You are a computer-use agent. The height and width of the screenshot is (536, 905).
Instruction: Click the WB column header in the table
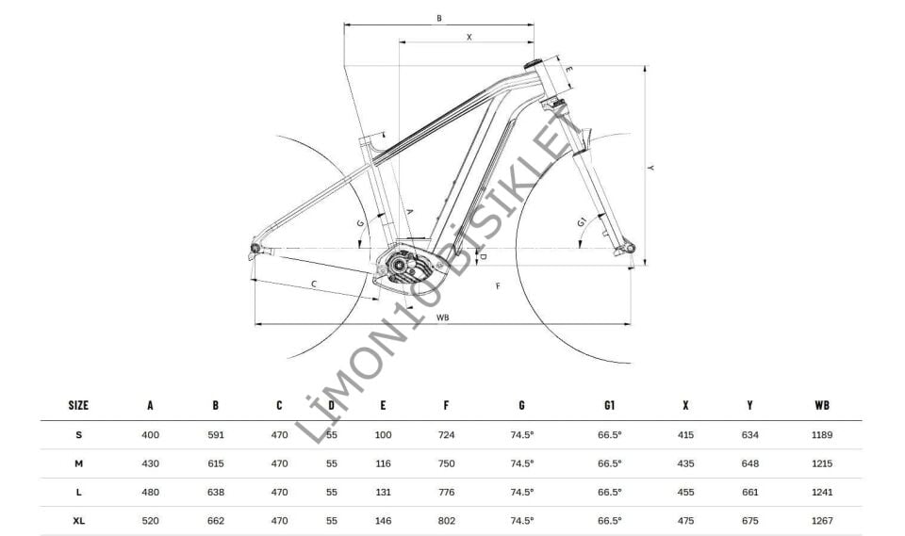click(x=821, y=405)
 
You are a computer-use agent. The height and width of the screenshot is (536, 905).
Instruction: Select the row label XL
click(x=79, y=521)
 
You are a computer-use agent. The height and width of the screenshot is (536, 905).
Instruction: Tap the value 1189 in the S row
click(x=821, y=435)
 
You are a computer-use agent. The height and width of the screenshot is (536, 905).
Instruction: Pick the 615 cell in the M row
click(x=216, y=463)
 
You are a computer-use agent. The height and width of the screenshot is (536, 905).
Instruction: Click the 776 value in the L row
click(x=446, y=493)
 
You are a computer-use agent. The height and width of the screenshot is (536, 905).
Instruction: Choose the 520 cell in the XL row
click(x=151, y=521)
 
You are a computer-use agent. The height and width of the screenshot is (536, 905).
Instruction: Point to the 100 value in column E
click(x=383, y=435)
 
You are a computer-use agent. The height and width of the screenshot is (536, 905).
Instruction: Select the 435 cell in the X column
click(x=685, y=463)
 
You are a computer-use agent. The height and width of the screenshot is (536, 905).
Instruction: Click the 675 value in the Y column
click(x=749, y=521)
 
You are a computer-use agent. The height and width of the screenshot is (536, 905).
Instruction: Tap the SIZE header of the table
click(x=79, y=405)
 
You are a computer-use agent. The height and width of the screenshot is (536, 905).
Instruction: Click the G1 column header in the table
click(x=609, y=405)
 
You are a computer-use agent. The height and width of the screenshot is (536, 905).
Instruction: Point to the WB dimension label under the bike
click(x=442, y=317)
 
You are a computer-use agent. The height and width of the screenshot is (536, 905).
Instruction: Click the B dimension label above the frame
click(x=439, y=18)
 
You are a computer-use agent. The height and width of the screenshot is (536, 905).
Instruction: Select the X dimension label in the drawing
click(x=469, y=36)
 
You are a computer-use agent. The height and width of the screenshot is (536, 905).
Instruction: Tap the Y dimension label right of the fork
click(x=651, y=168)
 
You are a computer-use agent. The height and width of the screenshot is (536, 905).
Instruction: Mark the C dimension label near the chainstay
click(x=314, y=284)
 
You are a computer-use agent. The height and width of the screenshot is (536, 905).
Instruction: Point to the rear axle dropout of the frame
click(x=254, y=248)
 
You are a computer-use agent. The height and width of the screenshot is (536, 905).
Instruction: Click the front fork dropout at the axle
click(x=623, y=249)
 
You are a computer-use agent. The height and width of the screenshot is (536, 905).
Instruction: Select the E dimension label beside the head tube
click(x=568, y=69)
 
